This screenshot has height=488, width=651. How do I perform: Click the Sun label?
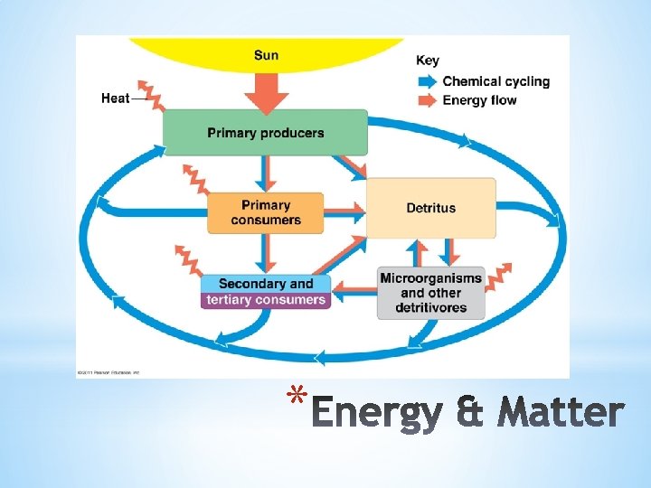pyautogui.click(x=267, y=55)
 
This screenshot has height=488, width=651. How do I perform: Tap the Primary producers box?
pyautogui.click(x=265, y=133)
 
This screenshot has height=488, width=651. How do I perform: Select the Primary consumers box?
pyautogui.click(x=265, y=213)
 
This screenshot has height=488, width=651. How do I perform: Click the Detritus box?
pyautogui.click(x=431, y=208)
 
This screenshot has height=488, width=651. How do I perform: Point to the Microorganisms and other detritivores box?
pyautogui.click(x=431, y=293)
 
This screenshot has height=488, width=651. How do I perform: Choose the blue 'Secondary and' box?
pyautogui.click(x=265, y=284)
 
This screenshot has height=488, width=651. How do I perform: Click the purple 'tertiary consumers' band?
pyautogui.click(x=265, y=300)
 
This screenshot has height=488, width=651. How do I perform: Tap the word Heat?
pyautogui.click(x=116, y=98)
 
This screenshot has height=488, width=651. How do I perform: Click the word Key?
pyautogui.click(x=428, y=61)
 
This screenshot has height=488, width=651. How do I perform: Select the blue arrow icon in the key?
pyautogui.click(x=427, y=81)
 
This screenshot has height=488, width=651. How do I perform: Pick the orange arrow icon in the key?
pyautogui.click(x=427, y=100)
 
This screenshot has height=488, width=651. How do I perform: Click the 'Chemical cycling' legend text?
pyautogui.click(x=495, y=81)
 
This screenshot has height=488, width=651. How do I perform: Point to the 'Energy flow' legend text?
pyautogui.click(x=480, y=100)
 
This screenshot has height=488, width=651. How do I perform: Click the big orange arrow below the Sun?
pyautogui.click(x=267, y=91)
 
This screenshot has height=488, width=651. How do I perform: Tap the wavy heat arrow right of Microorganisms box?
pyautogui.click(x=499, y=277)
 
